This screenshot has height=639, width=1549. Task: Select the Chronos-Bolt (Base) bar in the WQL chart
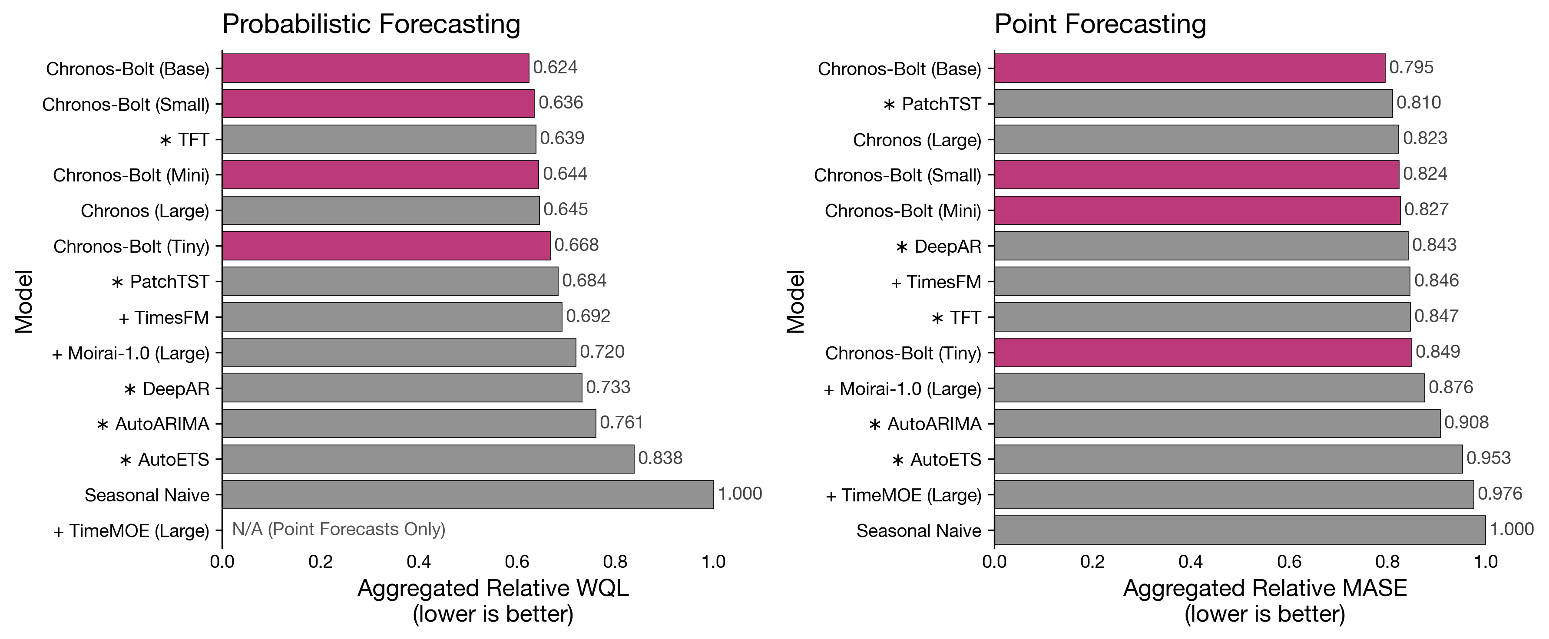(x=375, y=68)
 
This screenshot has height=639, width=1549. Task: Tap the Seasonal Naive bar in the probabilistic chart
(x=468, y=494)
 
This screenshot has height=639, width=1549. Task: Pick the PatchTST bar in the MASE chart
(x=1193, y=103)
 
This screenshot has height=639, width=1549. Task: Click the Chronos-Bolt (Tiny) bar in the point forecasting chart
(x=1203, y=352)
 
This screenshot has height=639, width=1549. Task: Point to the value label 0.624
(x=555, y=67)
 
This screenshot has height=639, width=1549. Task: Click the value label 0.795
(x=1411, y=67)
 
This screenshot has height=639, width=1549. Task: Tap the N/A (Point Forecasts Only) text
(x=338, y=529)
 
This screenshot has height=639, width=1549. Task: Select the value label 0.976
(x=1499, y=494)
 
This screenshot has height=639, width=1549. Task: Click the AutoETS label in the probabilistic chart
(x=165, y=460)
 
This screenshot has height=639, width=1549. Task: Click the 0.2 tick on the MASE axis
(x=1092, y=562)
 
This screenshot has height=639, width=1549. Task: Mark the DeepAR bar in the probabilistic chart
(x=402, y=388)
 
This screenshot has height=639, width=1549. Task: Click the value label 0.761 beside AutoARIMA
(x=621, y=422)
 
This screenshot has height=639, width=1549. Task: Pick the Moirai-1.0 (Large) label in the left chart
(x=131, y=353)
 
